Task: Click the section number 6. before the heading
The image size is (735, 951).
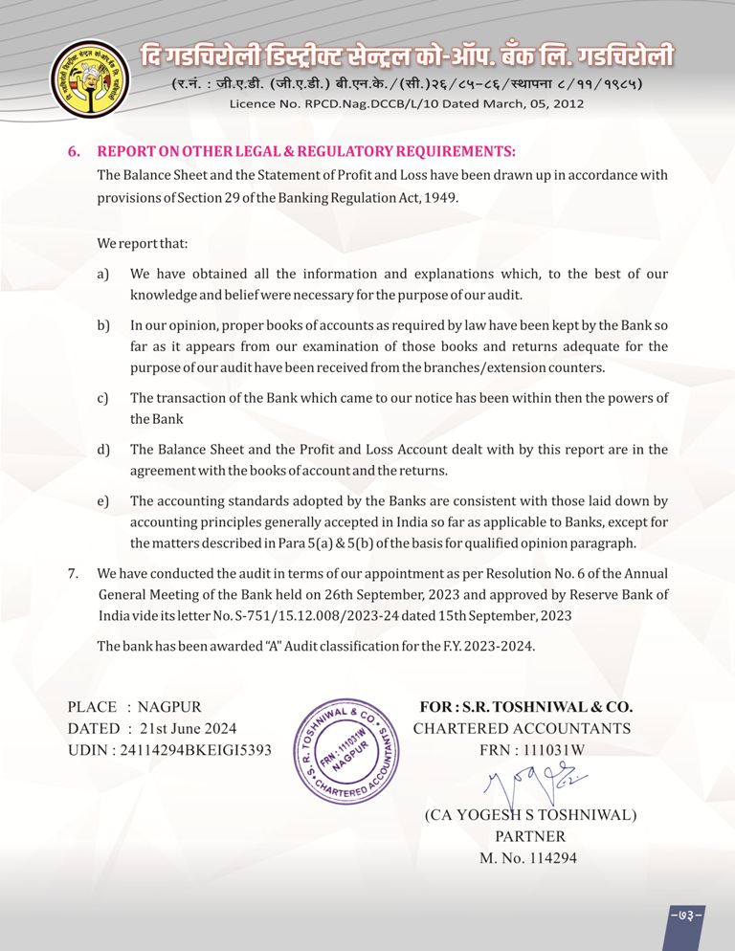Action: click(x=74, y=152)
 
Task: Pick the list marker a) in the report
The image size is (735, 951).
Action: click(x=102, y=275)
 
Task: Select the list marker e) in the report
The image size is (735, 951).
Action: click(x=102, y=500)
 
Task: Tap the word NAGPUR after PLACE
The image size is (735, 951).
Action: click(x=169, y=707)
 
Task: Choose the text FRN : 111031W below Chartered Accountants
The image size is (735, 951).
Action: click(x=531, y=750)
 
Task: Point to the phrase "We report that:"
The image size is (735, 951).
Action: click(x=136, y=244)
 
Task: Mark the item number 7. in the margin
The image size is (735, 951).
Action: click(x=73, y=573)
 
